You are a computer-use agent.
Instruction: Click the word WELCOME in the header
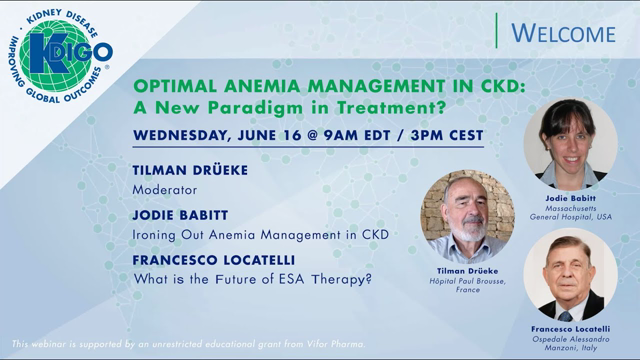(563, 33)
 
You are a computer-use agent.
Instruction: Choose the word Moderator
(165, 188)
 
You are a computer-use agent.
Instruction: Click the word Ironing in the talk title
(160, 234)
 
